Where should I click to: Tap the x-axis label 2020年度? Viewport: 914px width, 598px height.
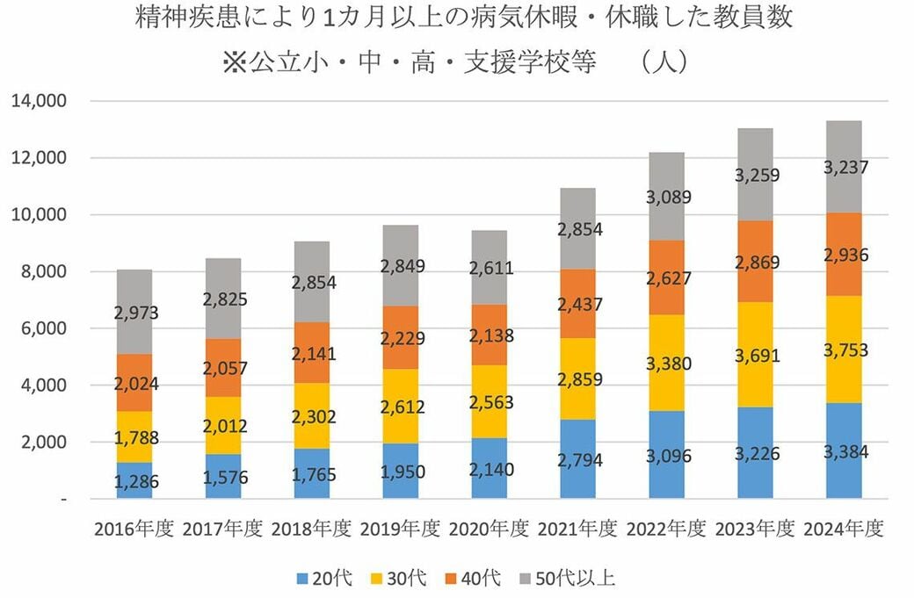(x=489, y=529)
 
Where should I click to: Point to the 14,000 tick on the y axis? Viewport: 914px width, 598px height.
(x=40, y=101)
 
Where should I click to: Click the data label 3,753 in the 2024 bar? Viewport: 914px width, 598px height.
(x=843, y=351)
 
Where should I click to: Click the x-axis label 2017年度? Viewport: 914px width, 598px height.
(x=222, y=529)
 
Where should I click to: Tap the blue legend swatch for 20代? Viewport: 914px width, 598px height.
(x=301, y=578)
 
